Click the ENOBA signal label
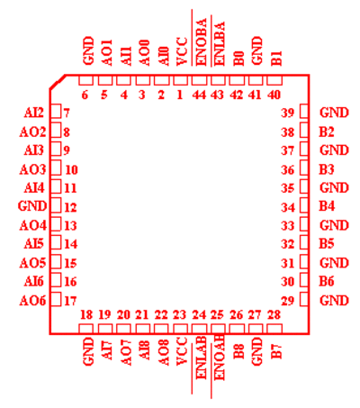pyautogui.click(x=202, y=42)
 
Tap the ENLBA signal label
pyautogui.click(x=220, y=43)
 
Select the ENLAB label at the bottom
pyautogui.click(x=201, y=358)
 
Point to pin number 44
pyautogui.click(x=199, y=95)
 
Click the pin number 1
pyautogui.click(x=180, y=95)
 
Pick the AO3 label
pyautogui.click(x=32, y=169)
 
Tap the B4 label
pyautogui.click(x=327, y=206)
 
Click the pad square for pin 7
pyautogui.click(x=56, y=111)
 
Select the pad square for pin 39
pyautogui.click(x=304, y=111)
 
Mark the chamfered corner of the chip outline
pyautogui.click(x=58, y=82)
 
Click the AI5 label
pyautogui.click(x=34, y=243)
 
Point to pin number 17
pyautogui.click(x=71, y=301)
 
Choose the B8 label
pyautogui.click(x=238, y=350)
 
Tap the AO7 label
pyautogui.click(x=126, y=352)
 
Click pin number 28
pyautogui.click(x=274, y=314)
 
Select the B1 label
pyautogui.click(x=276, y=59)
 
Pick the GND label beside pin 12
pyautogui.click(x=32, y=206)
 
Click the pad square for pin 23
pyautogui.click(x=180, y=329)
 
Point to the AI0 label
pyautogui.click(x=164, y=57)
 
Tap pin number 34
pyautogui.click(x=288, y=207)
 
